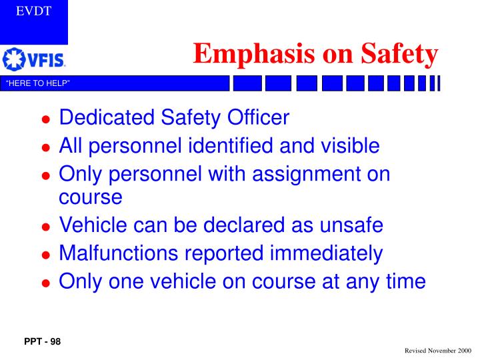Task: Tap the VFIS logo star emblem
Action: coord(13,59)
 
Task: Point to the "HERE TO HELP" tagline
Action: coord(38,83)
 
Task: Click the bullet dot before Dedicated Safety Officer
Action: coord(46,121)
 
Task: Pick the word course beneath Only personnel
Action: coord(91,198)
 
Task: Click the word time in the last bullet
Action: coord(403,281)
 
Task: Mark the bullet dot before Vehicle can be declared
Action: coord(46,228)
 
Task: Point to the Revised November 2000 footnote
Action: coord(437,350)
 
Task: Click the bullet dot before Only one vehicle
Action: coord(46,283)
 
